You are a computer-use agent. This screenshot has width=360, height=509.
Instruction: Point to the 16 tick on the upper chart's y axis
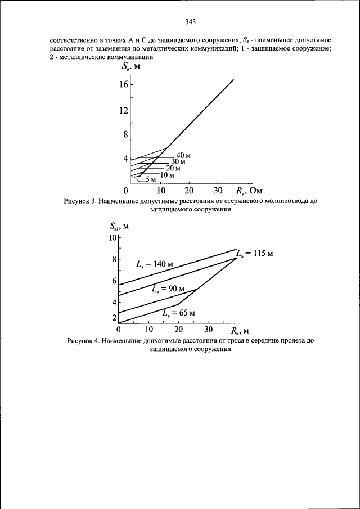(x=123, y=84)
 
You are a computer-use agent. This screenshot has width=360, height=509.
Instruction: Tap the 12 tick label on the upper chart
(x=123, y=110)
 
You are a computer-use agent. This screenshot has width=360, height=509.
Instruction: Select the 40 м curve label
(x=183, y=155)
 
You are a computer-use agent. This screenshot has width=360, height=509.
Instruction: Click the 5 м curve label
(x=151, y=180)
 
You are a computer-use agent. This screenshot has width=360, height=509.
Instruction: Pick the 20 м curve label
(x=173, y=168)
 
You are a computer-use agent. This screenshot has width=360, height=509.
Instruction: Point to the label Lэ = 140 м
(x=154, y=264)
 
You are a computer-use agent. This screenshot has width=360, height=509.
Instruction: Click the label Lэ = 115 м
(x=254, y=253)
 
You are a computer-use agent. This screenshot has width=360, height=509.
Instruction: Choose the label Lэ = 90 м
(x=168, y=289)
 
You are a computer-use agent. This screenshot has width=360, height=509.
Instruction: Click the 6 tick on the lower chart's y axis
(x=114, y=281)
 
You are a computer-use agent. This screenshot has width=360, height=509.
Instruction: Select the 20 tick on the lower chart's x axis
(x=179, y=329)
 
